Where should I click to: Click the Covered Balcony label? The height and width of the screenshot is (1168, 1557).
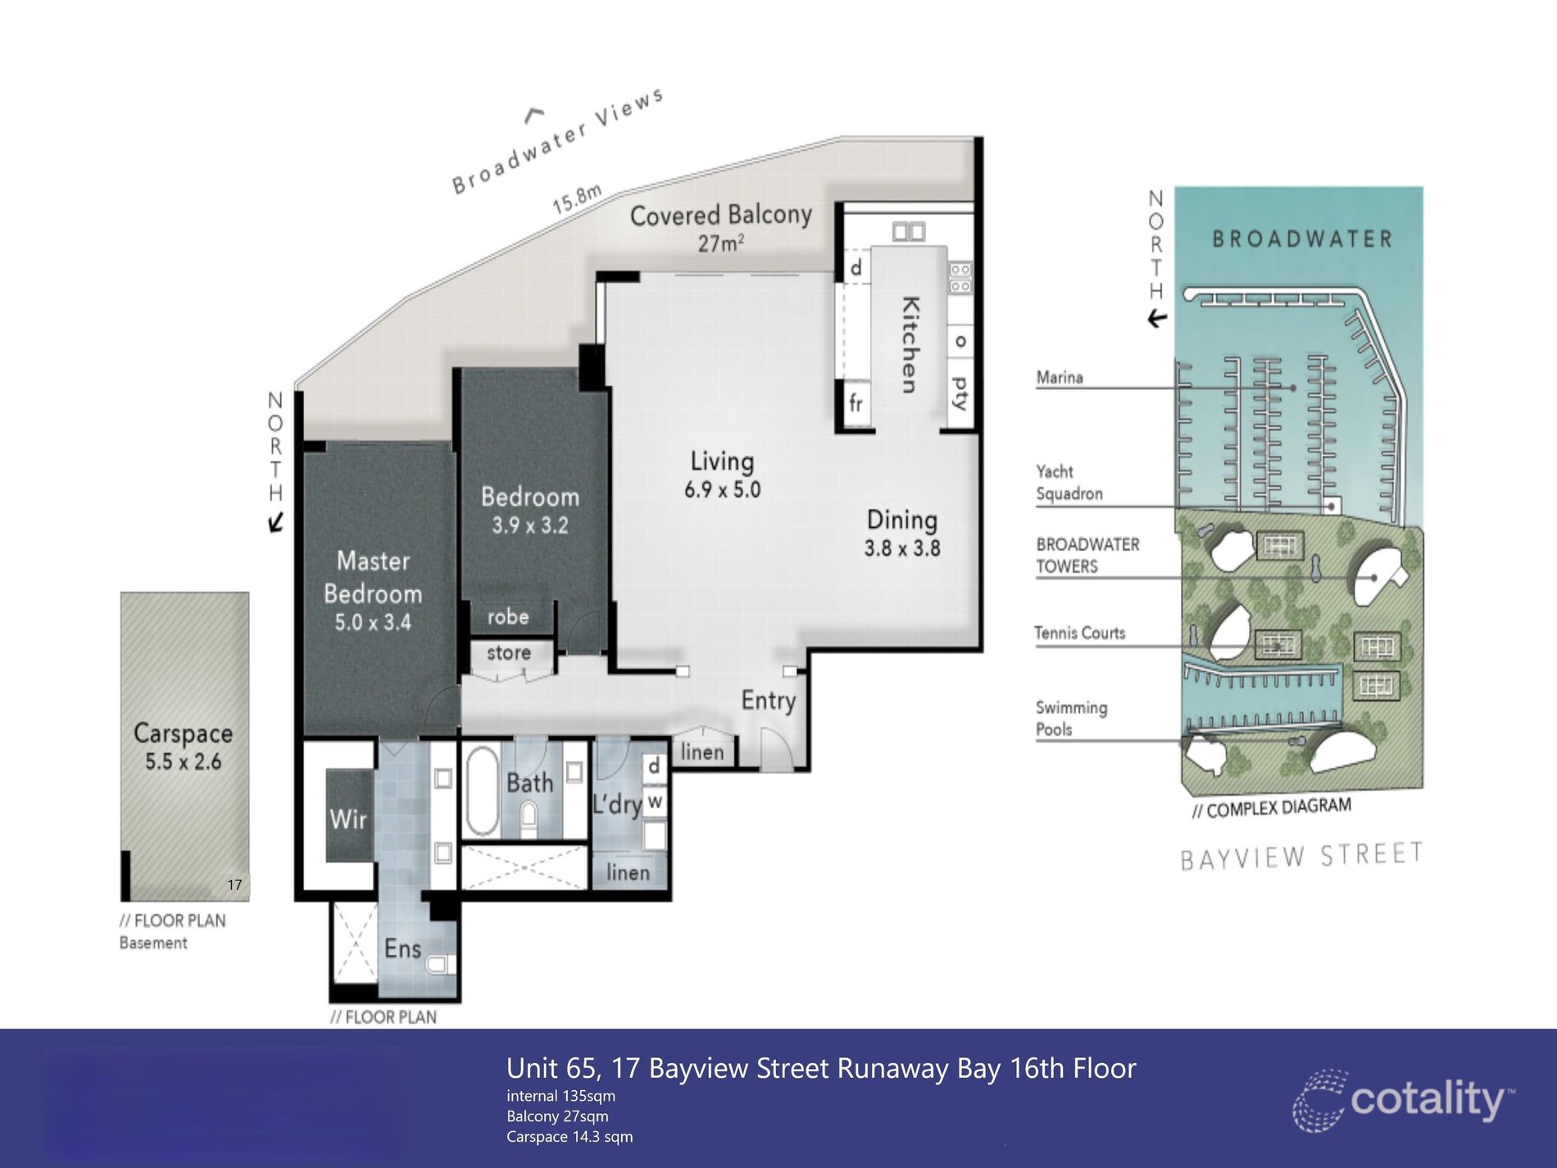(x=720, y=216)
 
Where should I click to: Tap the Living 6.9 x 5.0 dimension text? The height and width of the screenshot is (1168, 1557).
(x=722, y=489)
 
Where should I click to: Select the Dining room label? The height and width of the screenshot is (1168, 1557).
(x=901, y=520)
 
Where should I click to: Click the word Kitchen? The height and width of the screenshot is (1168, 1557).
(x=910, y=344)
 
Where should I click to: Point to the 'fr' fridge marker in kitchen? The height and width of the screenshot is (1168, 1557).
(x=856, y=402)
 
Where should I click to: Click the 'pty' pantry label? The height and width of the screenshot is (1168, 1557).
(x=960, y=393)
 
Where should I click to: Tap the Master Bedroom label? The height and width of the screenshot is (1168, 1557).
(x=373, y=577)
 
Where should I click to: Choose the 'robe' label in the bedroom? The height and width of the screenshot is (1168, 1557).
(x=508, y=616)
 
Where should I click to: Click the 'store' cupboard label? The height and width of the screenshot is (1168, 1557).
(x=509, y=653)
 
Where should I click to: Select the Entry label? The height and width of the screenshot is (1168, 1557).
(x=769, y=700)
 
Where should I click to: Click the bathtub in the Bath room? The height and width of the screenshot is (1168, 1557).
(x=482, y=791)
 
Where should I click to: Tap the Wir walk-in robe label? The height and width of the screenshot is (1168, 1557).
(x=347, y=818)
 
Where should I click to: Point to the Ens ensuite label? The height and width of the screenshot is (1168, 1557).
(x=402, y=948)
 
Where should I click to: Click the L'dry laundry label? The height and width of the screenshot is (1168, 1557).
(x=617, y=804)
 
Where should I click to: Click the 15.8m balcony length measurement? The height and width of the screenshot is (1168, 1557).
(x=577, y=199)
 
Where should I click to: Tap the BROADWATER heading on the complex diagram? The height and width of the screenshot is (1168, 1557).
(x=1302, y=239)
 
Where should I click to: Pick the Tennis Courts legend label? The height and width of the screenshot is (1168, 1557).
(x=1079, y=633)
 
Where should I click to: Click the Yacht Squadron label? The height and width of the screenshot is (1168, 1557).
(x=1069, y=483)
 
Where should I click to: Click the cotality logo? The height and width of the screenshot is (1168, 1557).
(x=1403, y=1100)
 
